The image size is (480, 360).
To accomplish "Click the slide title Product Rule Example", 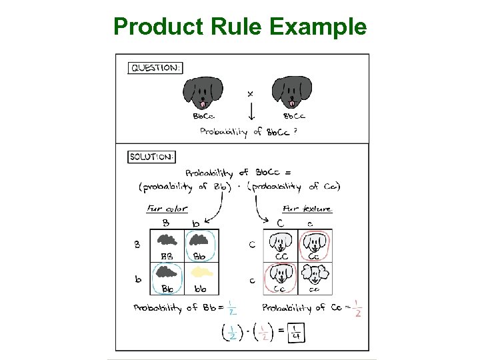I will coord(240,27).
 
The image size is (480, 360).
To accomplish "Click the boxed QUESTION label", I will coord(155,67).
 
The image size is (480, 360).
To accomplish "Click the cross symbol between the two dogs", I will coord(250,95).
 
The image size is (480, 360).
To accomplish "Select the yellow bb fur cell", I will coord(200,277).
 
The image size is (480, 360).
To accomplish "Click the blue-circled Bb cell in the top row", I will coord(200,245).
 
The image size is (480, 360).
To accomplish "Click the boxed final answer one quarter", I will coord(295,331).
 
